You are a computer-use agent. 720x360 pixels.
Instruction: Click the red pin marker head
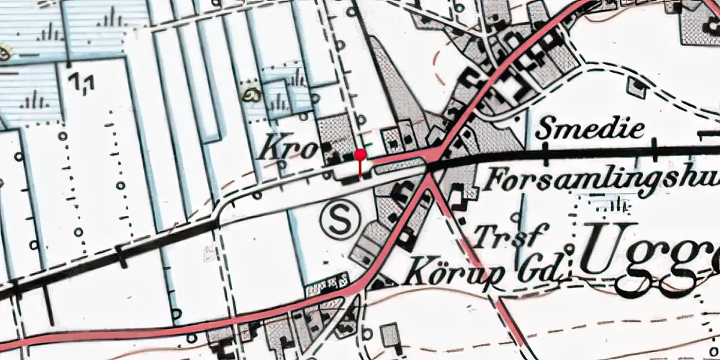click(x=360, y=154)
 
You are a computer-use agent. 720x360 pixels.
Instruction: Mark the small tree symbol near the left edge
click(x=6, y=52)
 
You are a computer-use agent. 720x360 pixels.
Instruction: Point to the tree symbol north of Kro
click(x=253, y=94)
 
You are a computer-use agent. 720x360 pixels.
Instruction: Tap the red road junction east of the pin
click(x=429, y=167)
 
